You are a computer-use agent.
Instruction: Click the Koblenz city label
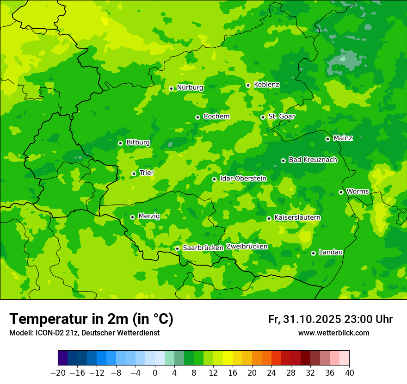pyautogui.click(x=266, y=85)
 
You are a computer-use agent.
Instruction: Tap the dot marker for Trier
pyautogui.click(x=134, y=174)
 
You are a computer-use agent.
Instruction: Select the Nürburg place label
pyautogui.click(x=190, y=87)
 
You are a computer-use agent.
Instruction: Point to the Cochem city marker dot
pyautogui.click(x=197, y=117)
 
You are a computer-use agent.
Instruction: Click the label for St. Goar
pyautogui.click(x=281, y=116)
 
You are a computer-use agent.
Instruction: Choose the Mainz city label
pyautogui.click(x=343, y=138)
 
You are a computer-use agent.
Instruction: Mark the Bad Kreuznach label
pyautogui.click(x=313, y=160)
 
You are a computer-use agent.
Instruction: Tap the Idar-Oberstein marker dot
pyautogui.click(x=214, y=179)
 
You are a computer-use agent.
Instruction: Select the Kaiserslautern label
pyautogui.click(x=297, y=217)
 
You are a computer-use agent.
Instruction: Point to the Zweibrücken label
pyautogui.click(x=247, y=247)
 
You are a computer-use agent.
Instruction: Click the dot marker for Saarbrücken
pyautogui.click(x=177, y=248)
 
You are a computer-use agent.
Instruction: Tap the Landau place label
pyautogui.click(x=331, y=252)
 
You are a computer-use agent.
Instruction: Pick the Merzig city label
pyautogui.click(x=149, y=216)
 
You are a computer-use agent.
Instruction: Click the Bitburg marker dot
pyautogui.click(x=120, y=143)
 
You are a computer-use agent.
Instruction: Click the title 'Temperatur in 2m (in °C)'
pyautogui.click(x=91, y=319)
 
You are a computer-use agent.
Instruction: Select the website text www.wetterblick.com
pyautogui.click(x=333, y=333)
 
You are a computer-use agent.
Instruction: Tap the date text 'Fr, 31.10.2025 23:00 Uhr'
pyautogui.click(x=330, y=319)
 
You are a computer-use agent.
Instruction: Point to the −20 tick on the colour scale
pyautogui.click(x=58, y=373)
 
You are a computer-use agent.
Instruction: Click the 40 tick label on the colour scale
pyautogui.click(x=349, y=373)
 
